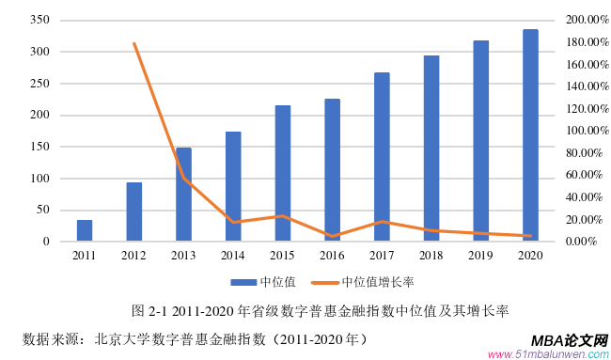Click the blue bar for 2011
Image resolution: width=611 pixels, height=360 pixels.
85,231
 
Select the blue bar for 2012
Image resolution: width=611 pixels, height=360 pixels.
134,212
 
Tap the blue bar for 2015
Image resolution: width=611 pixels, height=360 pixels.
283,174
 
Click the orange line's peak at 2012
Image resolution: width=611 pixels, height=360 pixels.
134,43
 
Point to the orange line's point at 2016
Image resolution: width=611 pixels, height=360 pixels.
333,236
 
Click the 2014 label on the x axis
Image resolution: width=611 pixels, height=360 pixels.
233,255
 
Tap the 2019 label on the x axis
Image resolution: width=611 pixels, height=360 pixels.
480,255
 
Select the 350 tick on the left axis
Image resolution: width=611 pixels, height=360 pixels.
39,20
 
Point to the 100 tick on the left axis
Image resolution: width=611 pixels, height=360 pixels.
39,179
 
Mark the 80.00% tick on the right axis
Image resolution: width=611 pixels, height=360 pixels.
581,153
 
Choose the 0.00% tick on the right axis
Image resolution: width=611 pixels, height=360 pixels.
583,242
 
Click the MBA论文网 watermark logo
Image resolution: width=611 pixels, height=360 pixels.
570,341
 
